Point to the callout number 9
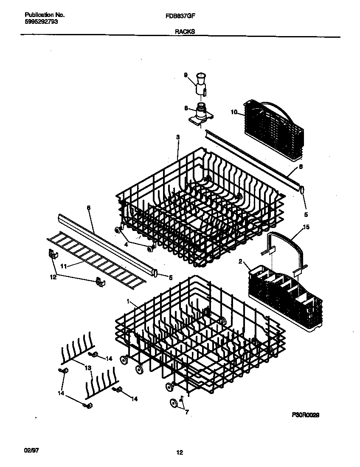click(x=186, y=75)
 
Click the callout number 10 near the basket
click(x=233, y=113)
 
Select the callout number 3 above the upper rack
click(x=177, y=137)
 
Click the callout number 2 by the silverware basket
click(x=240, y=262)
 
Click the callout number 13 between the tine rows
click(x=88, y=368)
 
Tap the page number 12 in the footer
click(x=180, y=453)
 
